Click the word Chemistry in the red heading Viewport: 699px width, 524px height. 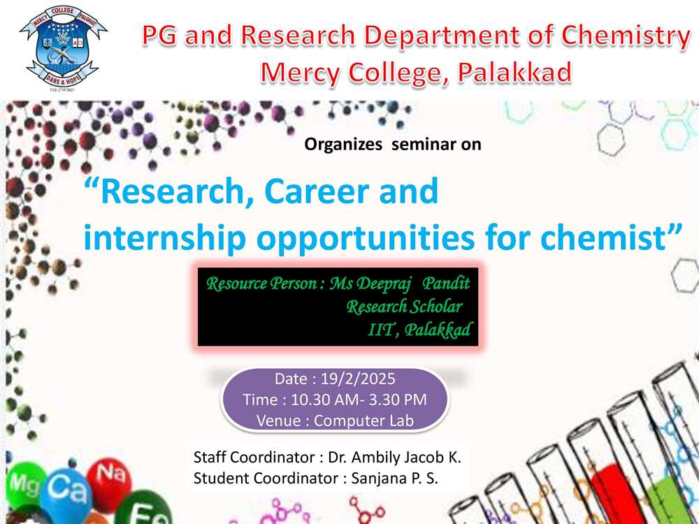click(x=626, y=36)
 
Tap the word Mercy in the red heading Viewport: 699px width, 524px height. click(x=300, y=73)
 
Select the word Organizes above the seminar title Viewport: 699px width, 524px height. click(x=343, y=145)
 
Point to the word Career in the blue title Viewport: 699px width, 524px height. click(x=317, y=191)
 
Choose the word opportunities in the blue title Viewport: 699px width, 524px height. click(x=366, y=238)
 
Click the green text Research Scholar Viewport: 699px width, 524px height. click(x=404, y=307)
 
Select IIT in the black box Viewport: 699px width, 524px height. click(x=382, y=330)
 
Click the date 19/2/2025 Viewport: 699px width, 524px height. click(x=358, y=379)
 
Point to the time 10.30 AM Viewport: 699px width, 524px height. click(x=318, y=400)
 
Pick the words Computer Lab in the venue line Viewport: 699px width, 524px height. click(x=363, y=421)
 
